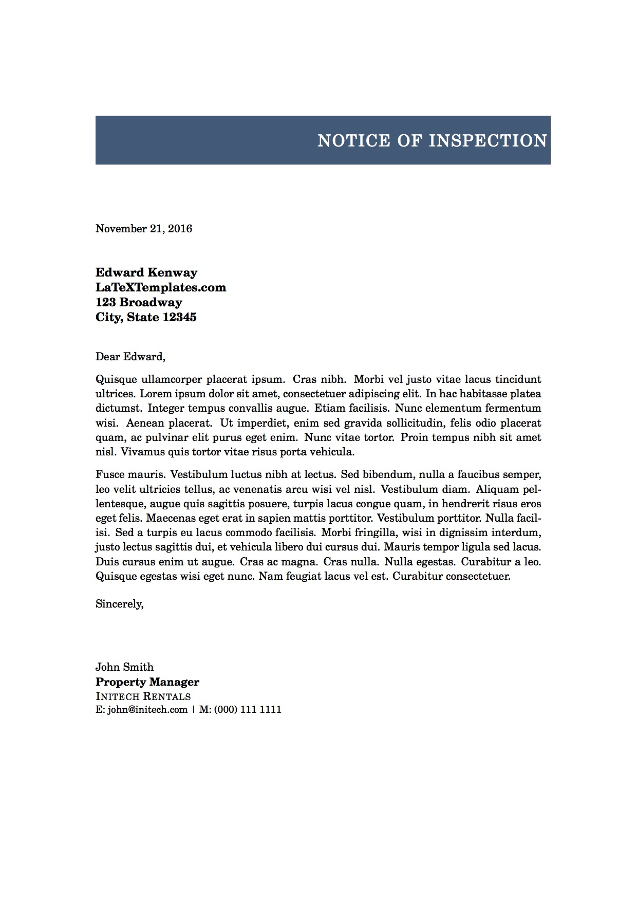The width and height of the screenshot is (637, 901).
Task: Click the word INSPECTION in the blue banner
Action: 488,141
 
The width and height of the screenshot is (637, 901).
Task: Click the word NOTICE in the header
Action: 354,141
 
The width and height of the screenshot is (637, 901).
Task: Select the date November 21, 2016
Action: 144,229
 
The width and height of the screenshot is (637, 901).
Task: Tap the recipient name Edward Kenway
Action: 146,272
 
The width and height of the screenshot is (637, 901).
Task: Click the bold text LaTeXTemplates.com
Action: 161,287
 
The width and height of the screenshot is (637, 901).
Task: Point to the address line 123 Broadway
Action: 139,302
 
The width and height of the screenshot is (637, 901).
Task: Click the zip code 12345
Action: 179,317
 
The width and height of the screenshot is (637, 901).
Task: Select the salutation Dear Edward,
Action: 130,357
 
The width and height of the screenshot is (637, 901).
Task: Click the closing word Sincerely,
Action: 120,604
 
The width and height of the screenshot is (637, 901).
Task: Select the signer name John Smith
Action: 124,667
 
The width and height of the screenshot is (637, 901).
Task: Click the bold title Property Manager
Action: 147,682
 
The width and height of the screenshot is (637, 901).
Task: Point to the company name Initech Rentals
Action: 143,696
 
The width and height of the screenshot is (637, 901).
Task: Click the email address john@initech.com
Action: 147,710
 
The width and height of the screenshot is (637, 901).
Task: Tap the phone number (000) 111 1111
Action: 248,710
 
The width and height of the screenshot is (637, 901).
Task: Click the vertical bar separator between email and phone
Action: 194,710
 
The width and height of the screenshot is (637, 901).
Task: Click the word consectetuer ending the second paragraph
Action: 477,576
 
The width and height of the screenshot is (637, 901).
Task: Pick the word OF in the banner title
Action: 409,141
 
